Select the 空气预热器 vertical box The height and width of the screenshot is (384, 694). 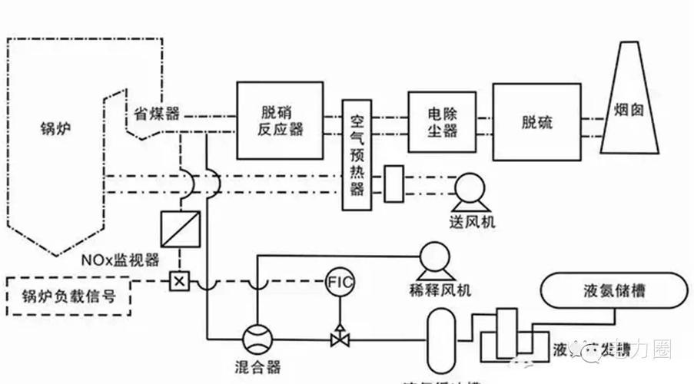coord(357,155)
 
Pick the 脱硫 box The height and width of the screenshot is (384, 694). coord(536,121)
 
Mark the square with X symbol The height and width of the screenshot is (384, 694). coord(179,280)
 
